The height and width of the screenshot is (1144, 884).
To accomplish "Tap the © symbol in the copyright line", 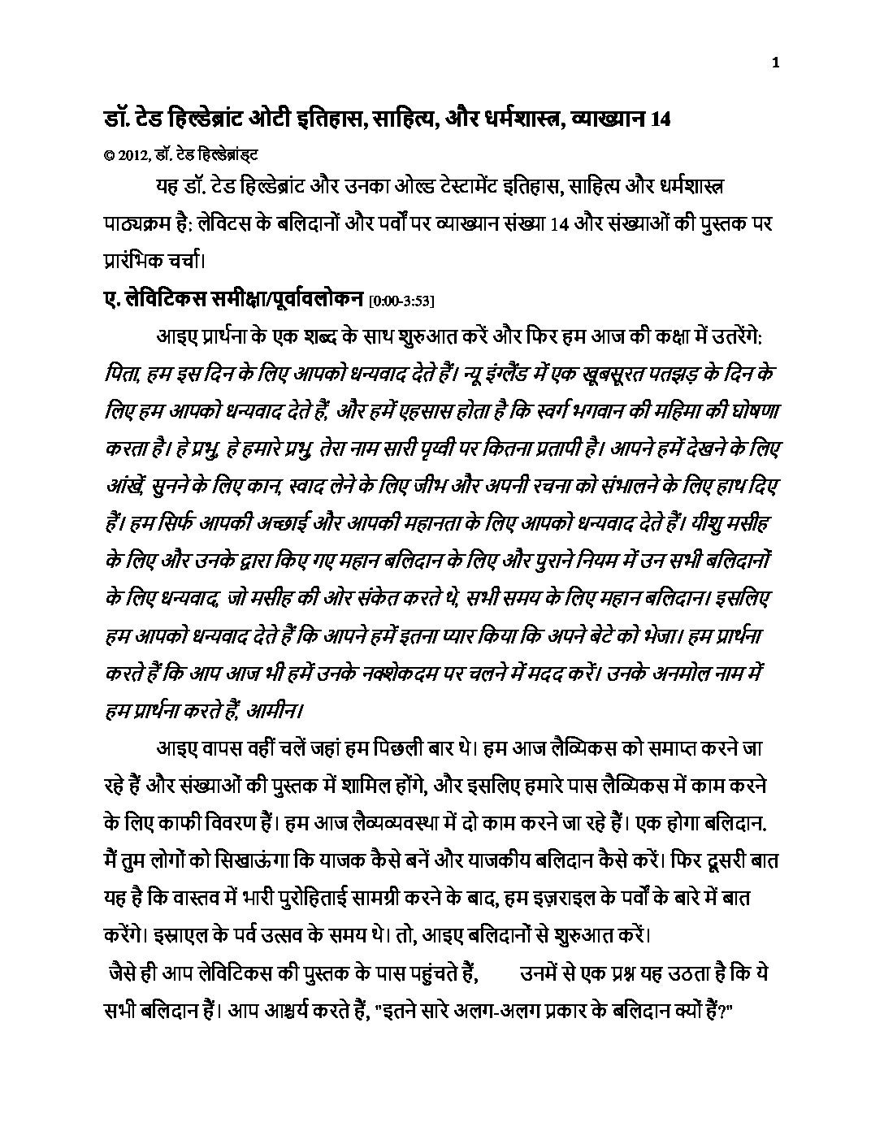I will click(109, 152).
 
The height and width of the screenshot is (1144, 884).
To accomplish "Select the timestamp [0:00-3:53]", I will click(402, 301).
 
